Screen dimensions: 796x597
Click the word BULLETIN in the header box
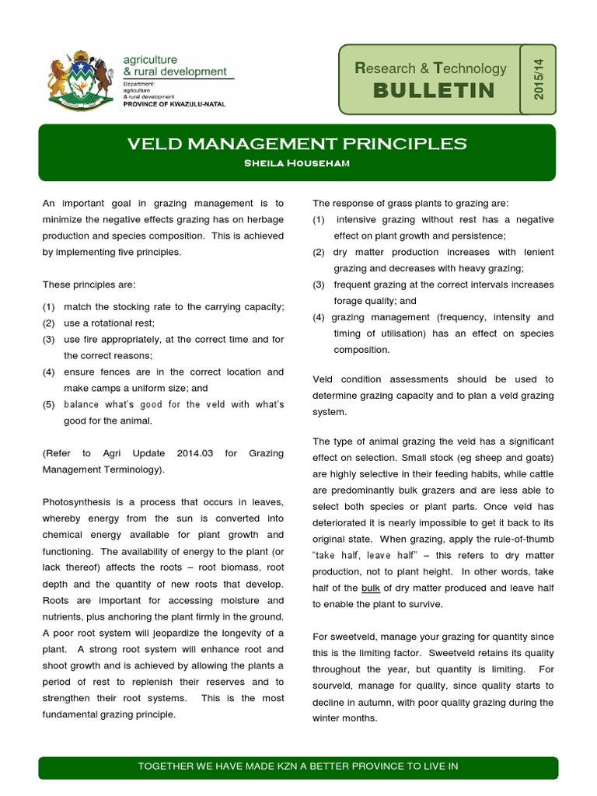coord(433,90)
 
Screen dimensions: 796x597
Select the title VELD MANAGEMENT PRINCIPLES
coord(298,144)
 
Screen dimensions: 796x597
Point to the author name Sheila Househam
coord(298,162)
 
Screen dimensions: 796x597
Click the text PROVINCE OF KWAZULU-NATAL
coord(175,104)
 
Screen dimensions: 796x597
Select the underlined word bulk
coord(371,587)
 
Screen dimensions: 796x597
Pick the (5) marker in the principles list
coord(49,404)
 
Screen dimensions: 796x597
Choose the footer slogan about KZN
coord(298,766)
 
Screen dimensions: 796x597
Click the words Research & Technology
coord(430,69)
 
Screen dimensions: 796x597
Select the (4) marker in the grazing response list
coord(319,317)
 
